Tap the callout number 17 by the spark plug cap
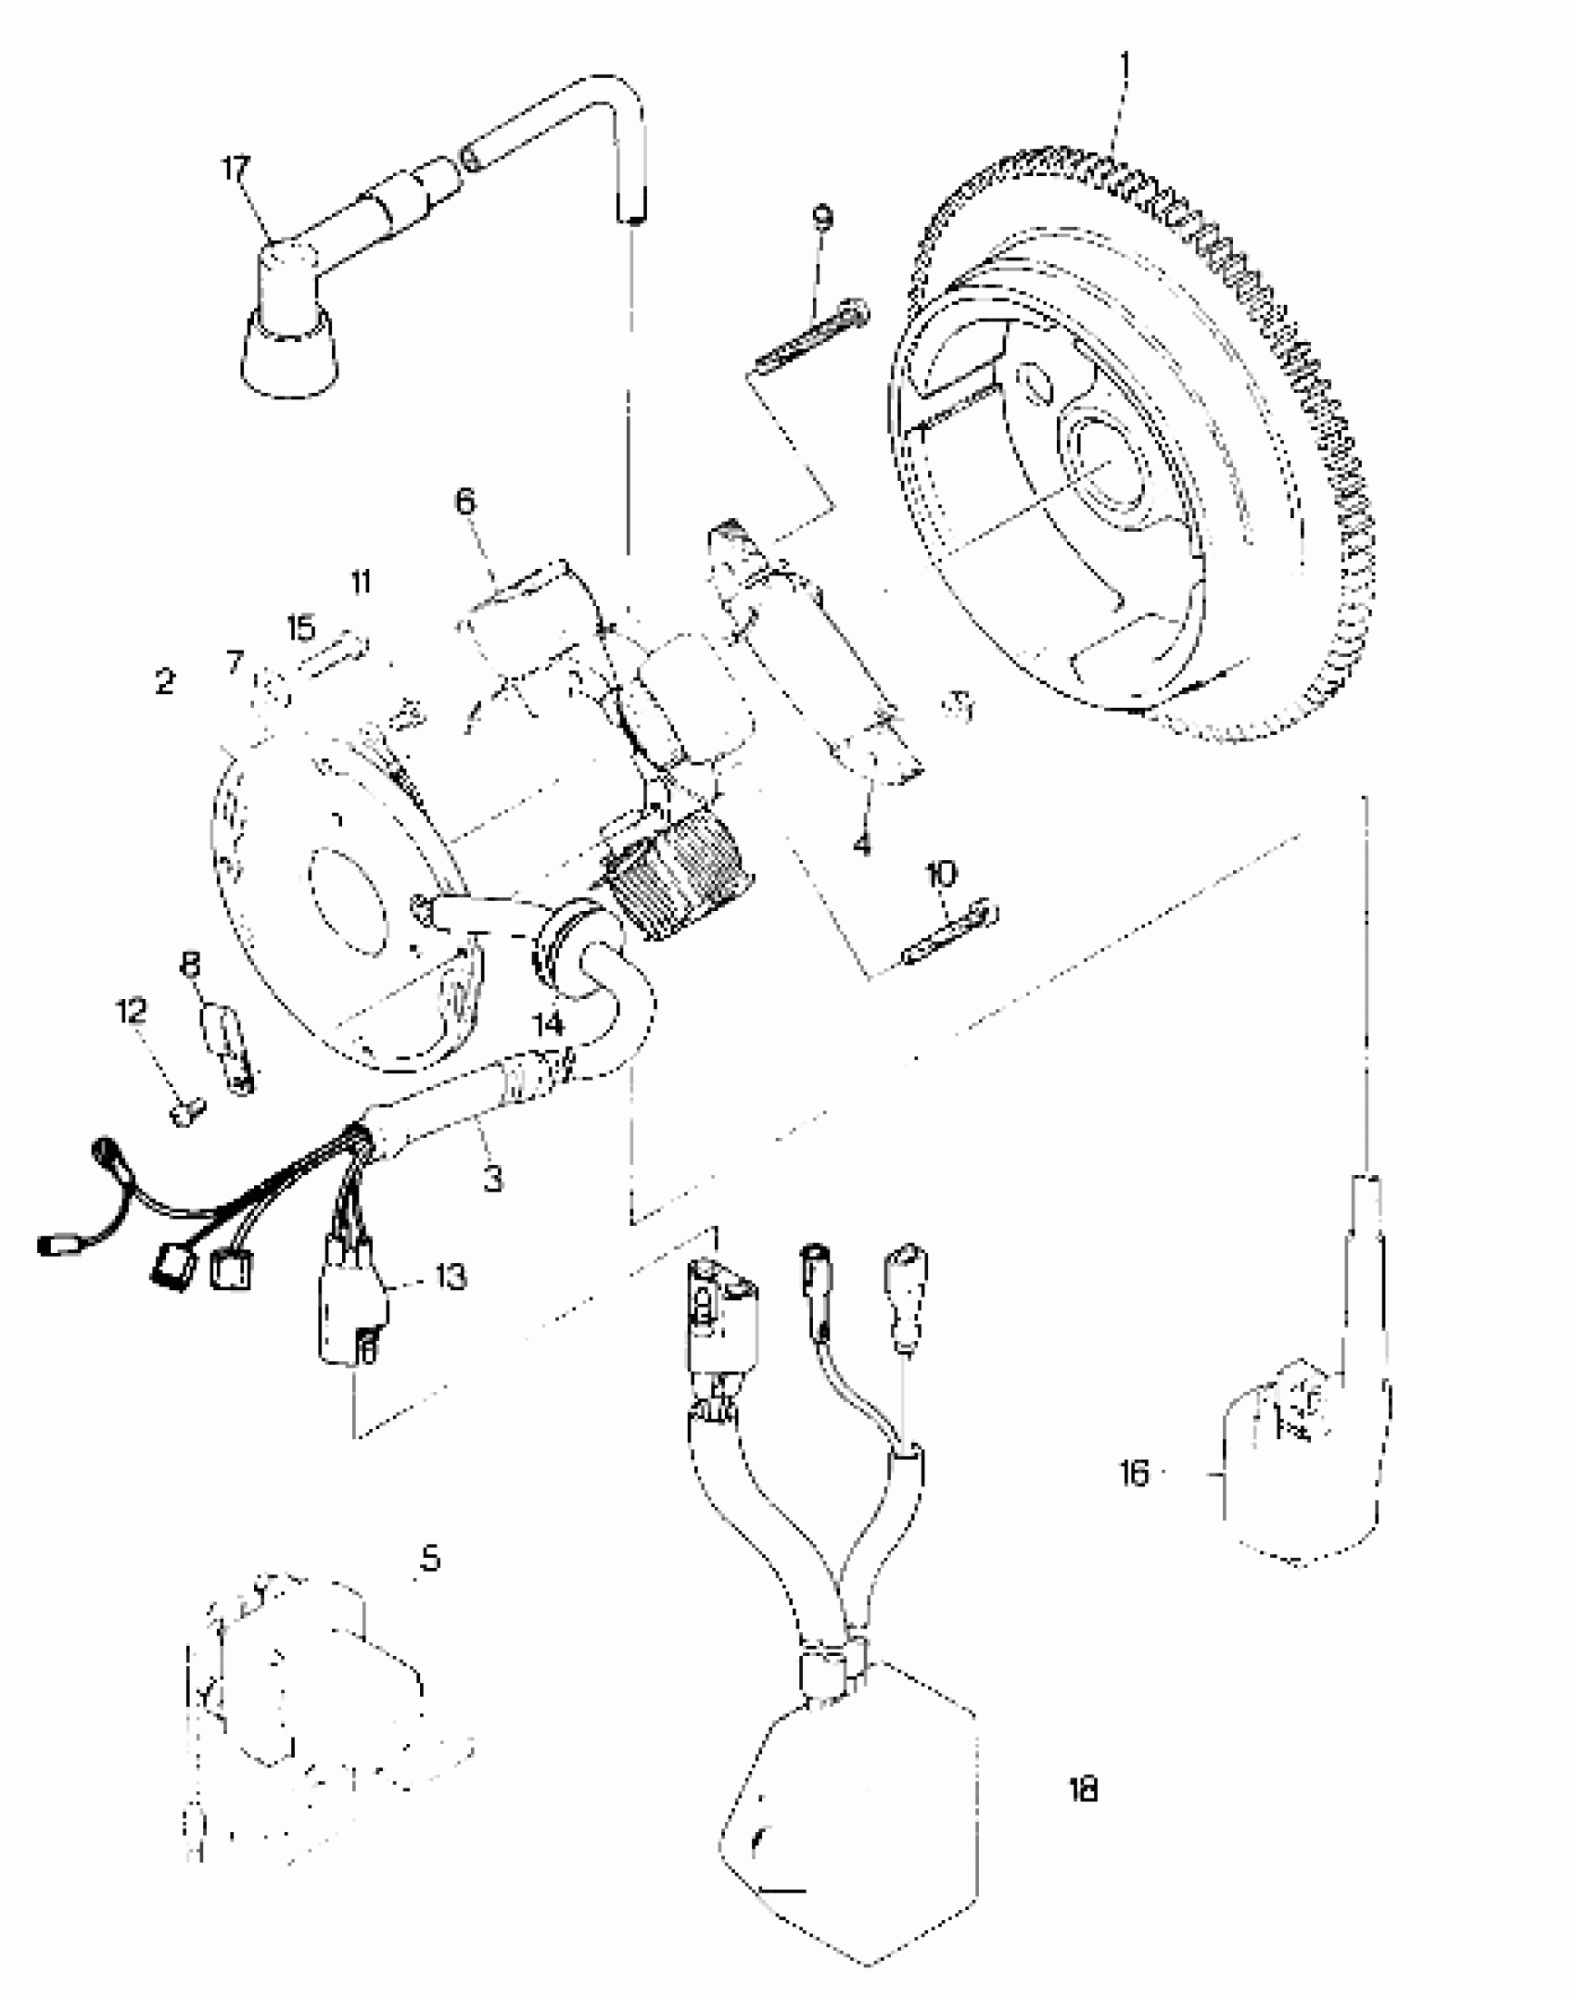click(x=235, y=170)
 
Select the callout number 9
click(x=821, y=217)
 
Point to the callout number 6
click(x=464, y=501)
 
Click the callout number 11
click(x=361, y=582)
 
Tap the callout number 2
click(x=165, y=683)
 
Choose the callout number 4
click(x=862, y=843)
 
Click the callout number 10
click(x=942, y=873)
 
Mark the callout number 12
click(x=131, y=1010)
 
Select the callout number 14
click(x=548, y=1024)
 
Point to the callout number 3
click(x=493, y=1179)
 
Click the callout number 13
click(x=451, y=1277)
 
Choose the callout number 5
click(x=430, y=1560)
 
